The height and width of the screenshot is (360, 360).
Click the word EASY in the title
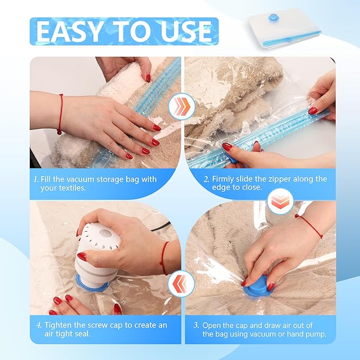(x=69, y=31)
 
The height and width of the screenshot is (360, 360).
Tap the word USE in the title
(x=186, y=31)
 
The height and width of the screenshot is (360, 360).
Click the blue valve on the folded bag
(x=273, y=17)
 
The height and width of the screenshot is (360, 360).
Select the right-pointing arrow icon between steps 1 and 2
(x=182, y=106)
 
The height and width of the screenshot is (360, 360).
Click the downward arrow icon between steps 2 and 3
(x=280, y=201)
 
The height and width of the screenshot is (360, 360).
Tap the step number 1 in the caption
(x=36, y=179)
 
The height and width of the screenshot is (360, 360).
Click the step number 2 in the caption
(x=206, y=179)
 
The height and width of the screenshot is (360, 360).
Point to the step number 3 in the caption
(x=196, y=325)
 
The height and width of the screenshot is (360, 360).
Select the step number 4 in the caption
(x=39, y=325)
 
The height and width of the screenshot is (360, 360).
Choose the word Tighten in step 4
(x=58, y=326)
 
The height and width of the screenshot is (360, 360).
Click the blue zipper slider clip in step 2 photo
(x=233, y=158)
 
